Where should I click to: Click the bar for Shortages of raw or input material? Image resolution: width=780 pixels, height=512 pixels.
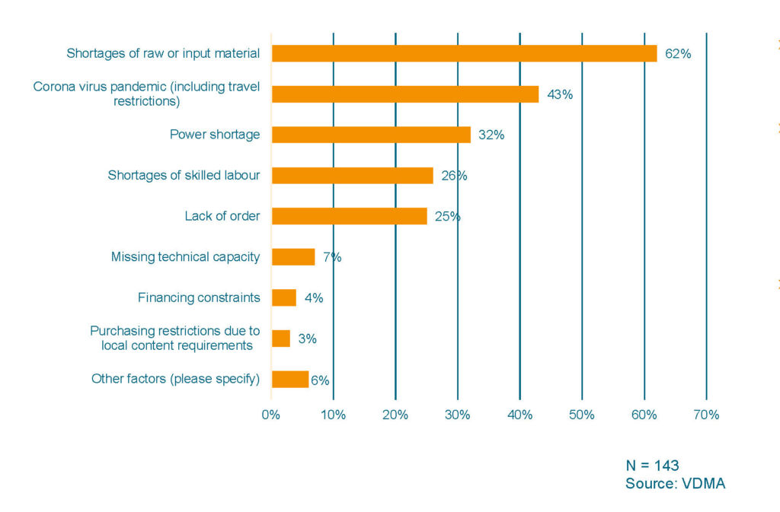point(464,53)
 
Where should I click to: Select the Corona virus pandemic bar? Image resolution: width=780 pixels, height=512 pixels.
point(405,94)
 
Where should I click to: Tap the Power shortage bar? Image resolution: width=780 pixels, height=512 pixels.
point(371,135)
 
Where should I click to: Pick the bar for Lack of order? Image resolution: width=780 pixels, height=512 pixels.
point(349,216)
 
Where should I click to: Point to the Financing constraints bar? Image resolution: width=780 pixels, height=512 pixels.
point(283,297)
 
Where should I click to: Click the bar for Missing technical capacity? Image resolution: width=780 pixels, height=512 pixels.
point(293,257)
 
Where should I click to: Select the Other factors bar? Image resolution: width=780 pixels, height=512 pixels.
point(290,379)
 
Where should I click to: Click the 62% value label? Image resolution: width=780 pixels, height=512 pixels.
point(678,54)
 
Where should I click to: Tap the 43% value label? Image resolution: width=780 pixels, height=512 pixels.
point(559,95)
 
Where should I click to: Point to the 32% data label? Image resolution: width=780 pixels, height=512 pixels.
point(491,135)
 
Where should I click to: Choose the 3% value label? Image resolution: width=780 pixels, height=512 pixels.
point(307,339)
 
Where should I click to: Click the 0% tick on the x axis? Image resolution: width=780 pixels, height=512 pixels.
point(271,415)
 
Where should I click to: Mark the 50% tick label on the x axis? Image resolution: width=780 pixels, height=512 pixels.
point(582,415)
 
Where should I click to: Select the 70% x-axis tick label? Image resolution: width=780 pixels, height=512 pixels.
point(706,415)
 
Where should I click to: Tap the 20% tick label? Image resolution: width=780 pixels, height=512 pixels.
point(395,415)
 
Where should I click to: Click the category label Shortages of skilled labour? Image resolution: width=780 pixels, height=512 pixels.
point(184,175)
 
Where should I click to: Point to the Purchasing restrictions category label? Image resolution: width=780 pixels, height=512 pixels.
point(175,338)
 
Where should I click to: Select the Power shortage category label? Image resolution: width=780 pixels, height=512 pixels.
point(215,135)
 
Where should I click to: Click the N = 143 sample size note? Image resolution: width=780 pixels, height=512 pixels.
point(652,466)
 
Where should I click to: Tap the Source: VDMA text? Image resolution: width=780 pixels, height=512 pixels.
point(676,484)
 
